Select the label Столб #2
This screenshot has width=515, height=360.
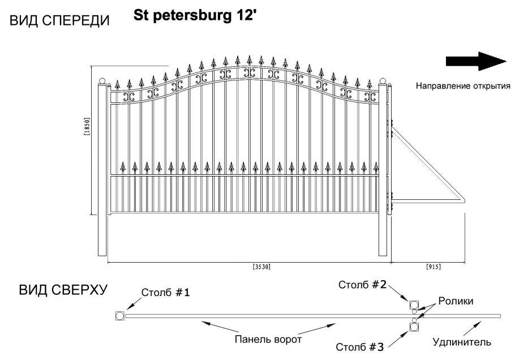point(362,285)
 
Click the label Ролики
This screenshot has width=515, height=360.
point(458,302)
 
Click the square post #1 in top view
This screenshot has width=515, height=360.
point(119,315)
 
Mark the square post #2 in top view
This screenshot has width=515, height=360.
point(414,305)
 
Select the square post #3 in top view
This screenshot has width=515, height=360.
point(414,326)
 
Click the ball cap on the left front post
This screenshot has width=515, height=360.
point(103,81)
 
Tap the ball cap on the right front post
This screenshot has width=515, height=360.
point(383,81)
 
